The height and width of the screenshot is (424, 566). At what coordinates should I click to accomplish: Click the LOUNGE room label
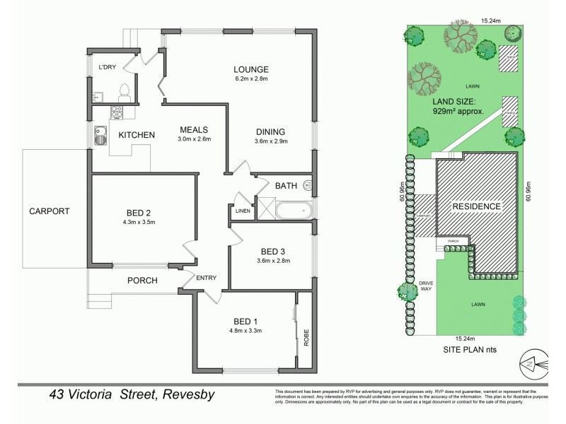(251, 69)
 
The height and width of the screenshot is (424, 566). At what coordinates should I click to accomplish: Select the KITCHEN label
(137, 134)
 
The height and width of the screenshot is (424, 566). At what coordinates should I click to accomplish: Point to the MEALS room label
(193, 129)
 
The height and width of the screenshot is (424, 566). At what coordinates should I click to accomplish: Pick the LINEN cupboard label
(241, 210)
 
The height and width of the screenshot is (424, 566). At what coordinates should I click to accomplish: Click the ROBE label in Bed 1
(306, 338)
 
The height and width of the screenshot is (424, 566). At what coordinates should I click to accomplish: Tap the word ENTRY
(207, 278)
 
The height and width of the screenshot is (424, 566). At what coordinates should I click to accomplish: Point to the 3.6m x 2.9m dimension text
(271, 142)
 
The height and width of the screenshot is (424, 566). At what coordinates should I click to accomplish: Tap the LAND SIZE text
(458, 101)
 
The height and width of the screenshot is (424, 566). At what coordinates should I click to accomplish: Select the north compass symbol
(531, 362)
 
